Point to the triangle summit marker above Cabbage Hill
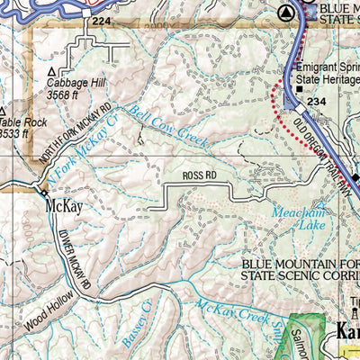point(52,70)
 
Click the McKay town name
point(63,208)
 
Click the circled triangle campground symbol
point(286,13)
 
